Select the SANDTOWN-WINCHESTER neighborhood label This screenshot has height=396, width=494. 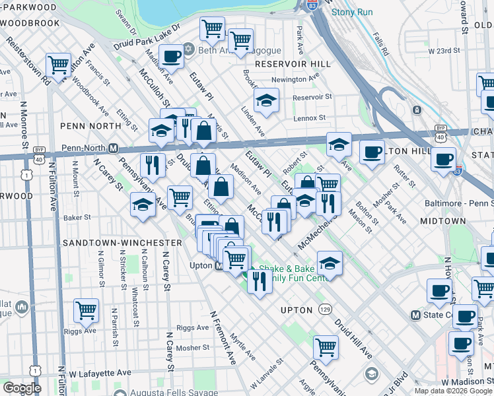[x=122, y=243]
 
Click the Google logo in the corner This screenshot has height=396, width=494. [x=21, y=387]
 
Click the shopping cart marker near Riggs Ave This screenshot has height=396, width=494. [x=87, y=310]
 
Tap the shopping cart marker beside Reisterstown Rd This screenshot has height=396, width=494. [x=59, y=65]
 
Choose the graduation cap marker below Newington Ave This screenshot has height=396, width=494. [x=266, y=100]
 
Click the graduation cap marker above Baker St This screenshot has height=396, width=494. [x=143, y=204]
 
